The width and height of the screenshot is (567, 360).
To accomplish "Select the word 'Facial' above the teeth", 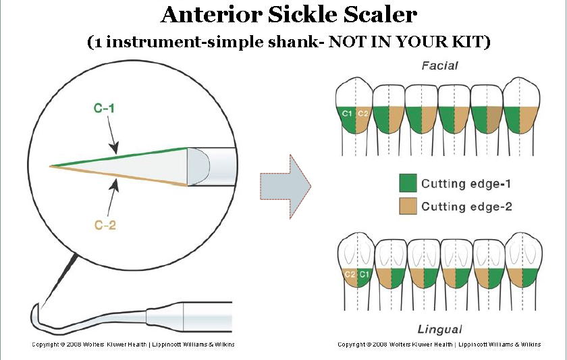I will click(x=439, y=66).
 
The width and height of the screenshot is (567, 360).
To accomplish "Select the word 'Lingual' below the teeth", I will click(x=440, y=329).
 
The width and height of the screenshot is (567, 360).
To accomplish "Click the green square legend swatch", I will click(x=408, y=183).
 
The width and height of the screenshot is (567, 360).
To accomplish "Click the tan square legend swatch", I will click(x=408, y=206).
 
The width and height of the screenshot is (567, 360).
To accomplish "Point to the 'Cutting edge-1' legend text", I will click(x=466, y=183).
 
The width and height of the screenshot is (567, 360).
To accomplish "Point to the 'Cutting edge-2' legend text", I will click(x=466, y=206).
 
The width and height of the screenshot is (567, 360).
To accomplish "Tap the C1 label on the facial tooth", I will click(x=347, y=113).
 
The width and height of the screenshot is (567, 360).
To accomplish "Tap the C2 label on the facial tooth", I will click(x=362, y=113).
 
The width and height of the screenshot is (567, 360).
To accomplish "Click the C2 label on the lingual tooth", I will click(x=350, y=274).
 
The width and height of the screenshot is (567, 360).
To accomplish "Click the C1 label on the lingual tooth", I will click(x=364, y=274).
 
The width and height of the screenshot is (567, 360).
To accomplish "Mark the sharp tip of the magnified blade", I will click(x=50, y=165).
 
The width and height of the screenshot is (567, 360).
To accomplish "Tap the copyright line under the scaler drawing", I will click(x=134, y=344).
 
